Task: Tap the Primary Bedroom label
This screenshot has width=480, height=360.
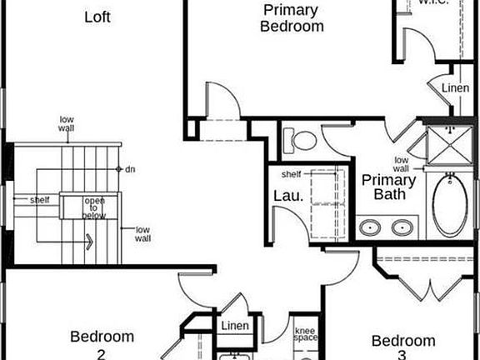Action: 291,17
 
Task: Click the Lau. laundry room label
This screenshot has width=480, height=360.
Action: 282,196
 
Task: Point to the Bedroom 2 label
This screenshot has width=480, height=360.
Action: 102,344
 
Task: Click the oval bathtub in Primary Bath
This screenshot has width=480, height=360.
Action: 449,204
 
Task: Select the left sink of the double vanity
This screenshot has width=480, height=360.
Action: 371,227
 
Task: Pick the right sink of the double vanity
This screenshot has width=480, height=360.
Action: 404,227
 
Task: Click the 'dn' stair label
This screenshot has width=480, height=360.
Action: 131,170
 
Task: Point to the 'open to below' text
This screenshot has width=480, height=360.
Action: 94,208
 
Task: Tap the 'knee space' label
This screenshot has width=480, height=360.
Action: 306,335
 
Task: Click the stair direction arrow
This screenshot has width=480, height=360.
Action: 87,242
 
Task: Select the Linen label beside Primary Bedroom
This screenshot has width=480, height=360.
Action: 455,87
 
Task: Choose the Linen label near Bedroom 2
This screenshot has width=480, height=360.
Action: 234,326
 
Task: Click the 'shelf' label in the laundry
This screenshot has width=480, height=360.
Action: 291,174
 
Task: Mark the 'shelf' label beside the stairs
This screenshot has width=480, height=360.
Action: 40,200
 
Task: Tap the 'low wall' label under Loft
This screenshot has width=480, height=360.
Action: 67,123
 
